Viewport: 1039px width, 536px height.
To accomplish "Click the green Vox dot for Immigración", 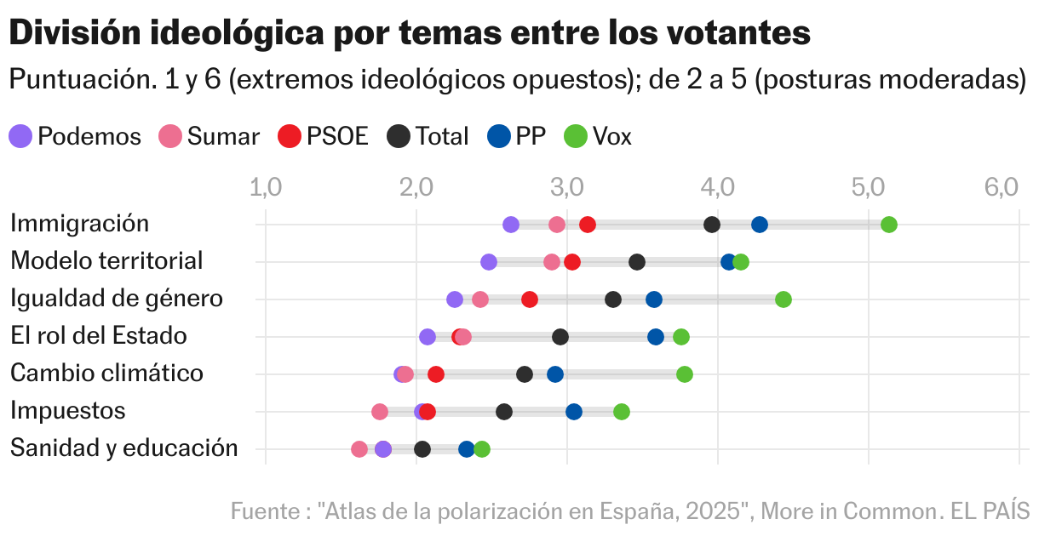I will pos(888,225).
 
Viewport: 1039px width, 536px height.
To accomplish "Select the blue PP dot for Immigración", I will pos(759,225).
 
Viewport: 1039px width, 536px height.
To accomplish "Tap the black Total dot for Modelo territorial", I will pos(636,262).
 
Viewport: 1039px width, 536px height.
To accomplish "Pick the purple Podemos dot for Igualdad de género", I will pos(455,299).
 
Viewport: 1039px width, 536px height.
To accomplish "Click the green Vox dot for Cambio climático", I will pos(684,374).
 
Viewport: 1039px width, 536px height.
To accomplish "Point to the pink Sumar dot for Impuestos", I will pos(380,412).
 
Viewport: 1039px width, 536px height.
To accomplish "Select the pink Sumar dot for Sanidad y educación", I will pos(359,449).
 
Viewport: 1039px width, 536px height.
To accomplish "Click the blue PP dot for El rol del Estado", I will pos(655,337).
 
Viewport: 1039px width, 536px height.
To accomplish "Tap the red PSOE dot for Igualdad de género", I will pos(529,299).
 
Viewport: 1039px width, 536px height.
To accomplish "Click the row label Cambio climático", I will pos(106,373).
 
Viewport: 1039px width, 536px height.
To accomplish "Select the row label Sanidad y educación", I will pos(123,448).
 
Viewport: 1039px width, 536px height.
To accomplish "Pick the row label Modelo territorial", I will pos(106,261).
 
